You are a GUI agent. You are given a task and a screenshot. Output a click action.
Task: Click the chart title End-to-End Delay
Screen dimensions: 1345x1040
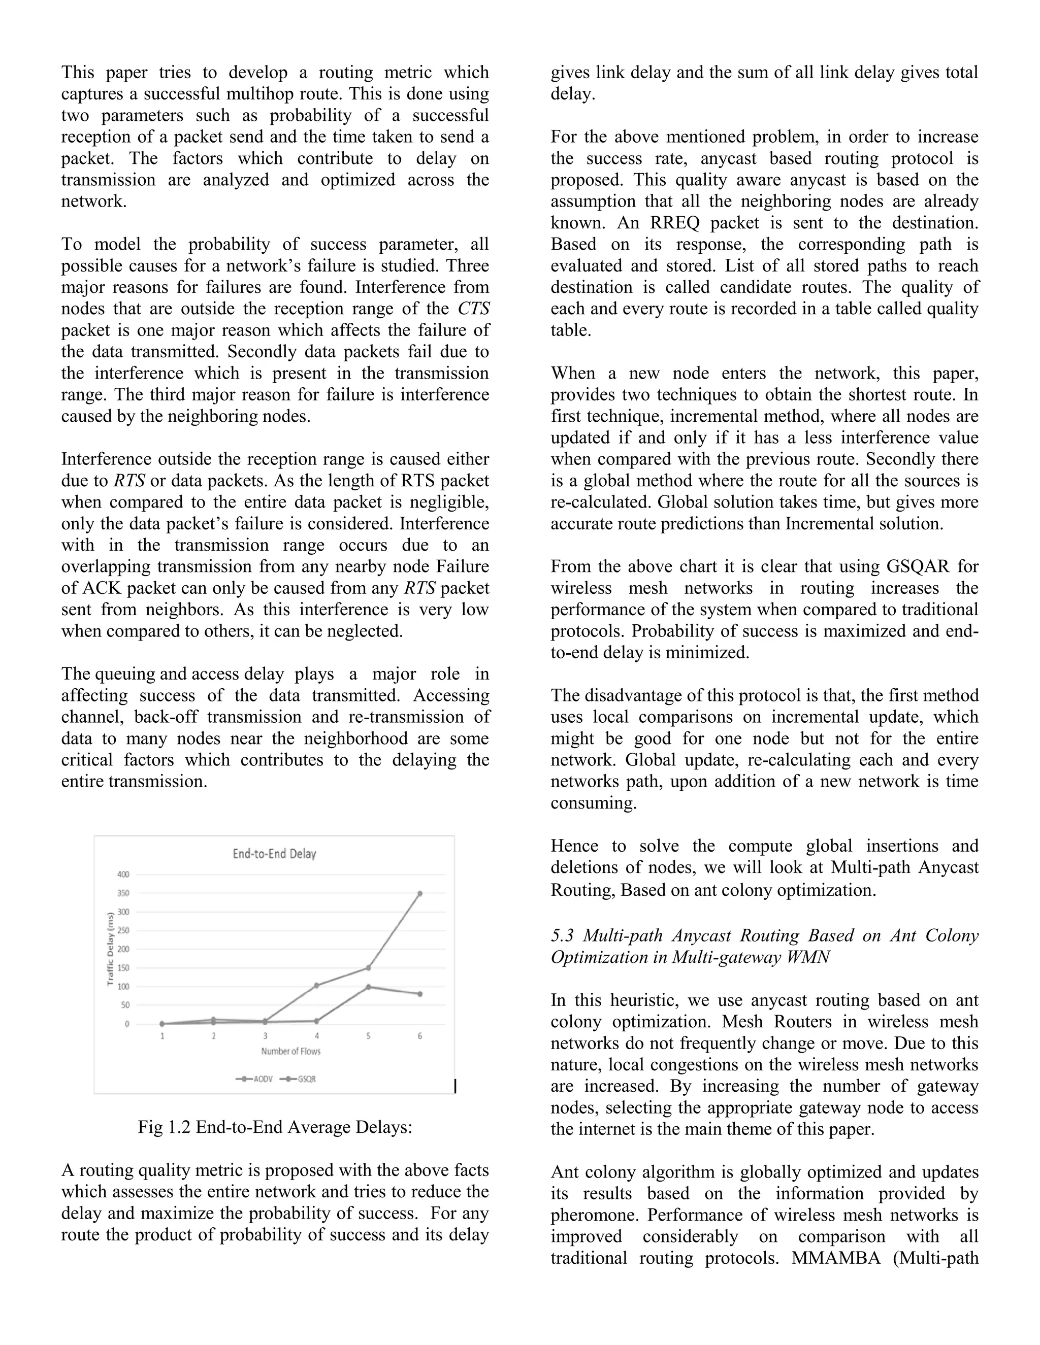[x=274, y=854]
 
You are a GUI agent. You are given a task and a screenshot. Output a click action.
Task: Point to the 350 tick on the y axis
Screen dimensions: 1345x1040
[x=124, y=893]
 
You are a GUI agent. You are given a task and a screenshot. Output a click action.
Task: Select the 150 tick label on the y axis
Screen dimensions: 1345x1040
[x=124, y=968]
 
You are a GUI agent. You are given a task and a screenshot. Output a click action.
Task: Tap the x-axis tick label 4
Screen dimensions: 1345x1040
[x=317, y=1036]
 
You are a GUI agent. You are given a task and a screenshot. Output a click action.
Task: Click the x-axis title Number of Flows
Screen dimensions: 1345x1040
[x=291, y=1051]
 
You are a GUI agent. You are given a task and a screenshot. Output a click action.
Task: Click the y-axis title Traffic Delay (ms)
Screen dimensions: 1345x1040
[x=110, y=949]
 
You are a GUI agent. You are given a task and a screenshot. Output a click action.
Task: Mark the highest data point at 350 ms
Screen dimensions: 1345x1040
[x=420, y=893]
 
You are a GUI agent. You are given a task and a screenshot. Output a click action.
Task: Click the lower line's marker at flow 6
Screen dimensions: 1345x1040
[x=420, y=994]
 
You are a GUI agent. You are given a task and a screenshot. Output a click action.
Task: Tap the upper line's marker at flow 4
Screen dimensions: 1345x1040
[x=317, y=985]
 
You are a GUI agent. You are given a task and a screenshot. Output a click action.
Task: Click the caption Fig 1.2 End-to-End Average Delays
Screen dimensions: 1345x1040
[x=275, y=1127]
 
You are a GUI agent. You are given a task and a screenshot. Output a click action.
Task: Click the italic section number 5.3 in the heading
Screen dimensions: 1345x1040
[x=562, y=935]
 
